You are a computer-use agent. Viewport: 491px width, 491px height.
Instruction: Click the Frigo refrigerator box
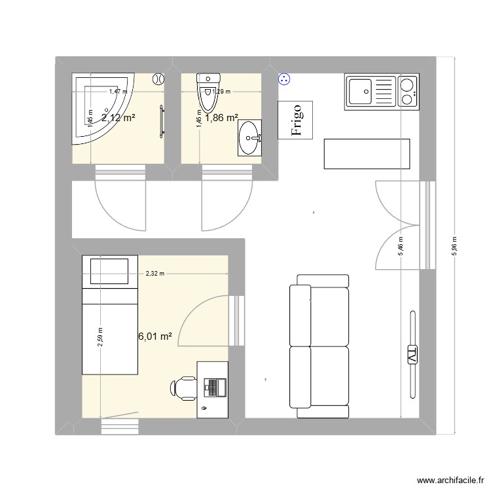click(296, 120)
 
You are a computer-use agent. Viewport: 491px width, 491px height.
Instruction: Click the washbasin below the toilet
click(249, 137)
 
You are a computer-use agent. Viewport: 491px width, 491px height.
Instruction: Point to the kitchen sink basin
click(361, 91)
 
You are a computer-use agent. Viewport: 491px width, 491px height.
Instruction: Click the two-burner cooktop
click(407, 91)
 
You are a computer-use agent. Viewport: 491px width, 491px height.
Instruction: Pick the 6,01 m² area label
click(155, 336)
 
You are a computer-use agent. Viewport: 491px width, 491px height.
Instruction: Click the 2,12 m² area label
click(118, 118)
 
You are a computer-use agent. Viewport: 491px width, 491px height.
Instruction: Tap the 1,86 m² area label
click(221, 118)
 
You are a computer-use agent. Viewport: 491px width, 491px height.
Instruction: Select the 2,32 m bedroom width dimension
click(155, 274)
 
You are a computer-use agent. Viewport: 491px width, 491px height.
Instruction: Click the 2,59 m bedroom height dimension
click(100, 338)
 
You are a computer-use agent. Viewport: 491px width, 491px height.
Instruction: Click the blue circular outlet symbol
click(284, 79)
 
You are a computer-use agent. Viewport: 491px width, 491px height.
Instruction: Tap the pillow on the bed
click(109, 271)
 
